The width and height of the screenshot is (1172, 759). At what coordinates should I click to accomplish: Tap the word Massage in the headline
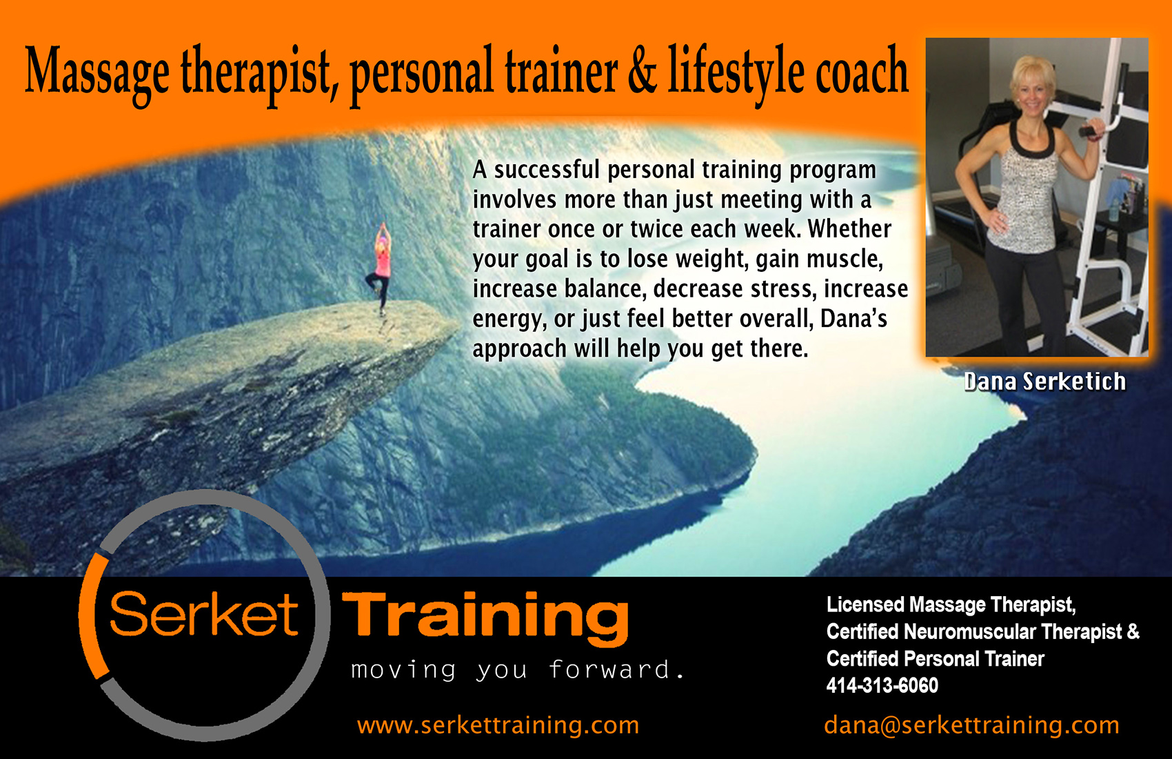pyautogui.click(x=97, y=73)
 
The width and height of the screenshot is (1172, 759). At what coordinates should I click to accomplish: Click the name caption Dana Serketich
pyautogui.click(x=1045, y=382)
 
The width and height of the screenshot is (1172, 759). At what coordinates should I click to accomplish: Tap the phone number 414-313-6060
pyautogui.click(x=882, y=686)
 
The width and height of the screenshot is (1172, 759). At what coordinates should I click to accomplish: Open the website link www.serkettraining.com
pyautogui.click(x=498, y=725)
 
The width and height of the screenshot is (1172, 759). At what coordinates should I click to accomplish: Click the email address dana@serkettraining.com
pyautogui.click(x=971, y=725)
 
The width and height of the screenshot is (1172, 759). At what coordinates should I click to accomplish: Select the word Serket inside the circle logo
pyautogui.click(x=203, y=614)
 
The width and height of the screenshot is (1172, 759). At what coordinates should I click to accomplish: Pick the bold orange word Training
pyautogui.click(x=485, y=619)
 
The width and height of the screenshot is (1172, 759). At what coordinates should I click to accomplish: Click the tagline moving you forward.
pyautogui.click(x=517, y=671)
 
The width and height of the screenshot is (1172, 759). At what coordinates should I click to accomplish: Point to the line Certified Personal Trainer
pyautogui.click(x=935, y=659)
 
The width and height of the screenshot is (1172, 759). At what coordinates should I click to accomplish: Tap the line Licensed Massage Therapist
pyautogui.click(x=951, y=605)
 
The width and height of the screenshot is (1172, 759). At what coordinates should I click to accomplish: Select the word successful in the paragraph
pyautogui.click(x=547, y=170)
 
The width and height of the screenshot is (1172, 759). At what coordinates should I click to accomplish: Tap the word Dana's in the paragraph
pyautogui.click(x=854, y=319)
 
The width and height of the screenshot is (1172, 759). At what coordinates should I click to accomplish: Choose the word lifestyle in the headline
pyautogui.click(x=736, y=73)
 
